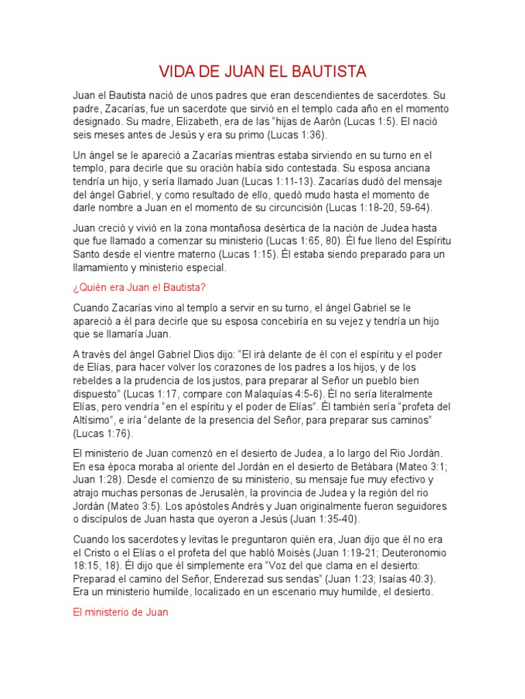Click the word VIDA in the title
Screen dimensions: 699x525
[x=176, y=72]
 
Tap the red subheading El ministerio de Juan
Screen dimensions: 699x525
[x=120, y=612]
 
